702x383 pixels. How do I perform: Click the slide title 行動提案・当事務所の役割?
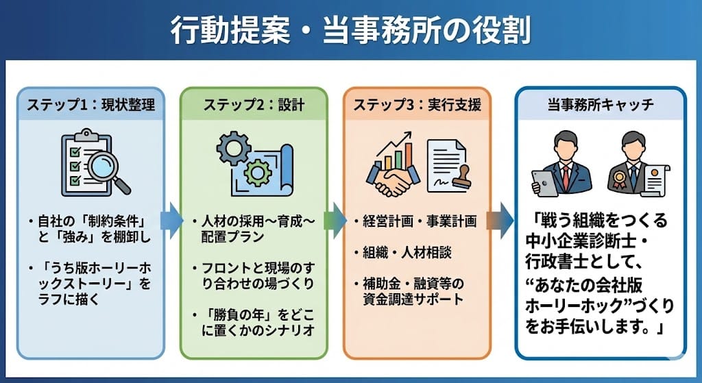tap(350, 32)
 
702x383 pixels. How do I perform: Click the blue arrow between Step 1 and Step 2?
tap(171, 221)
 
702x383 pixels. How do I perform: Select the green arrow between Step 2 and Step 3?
tap(334, 221)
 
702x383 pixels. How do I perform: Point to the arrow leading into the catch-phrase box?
tap(500, 221)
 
